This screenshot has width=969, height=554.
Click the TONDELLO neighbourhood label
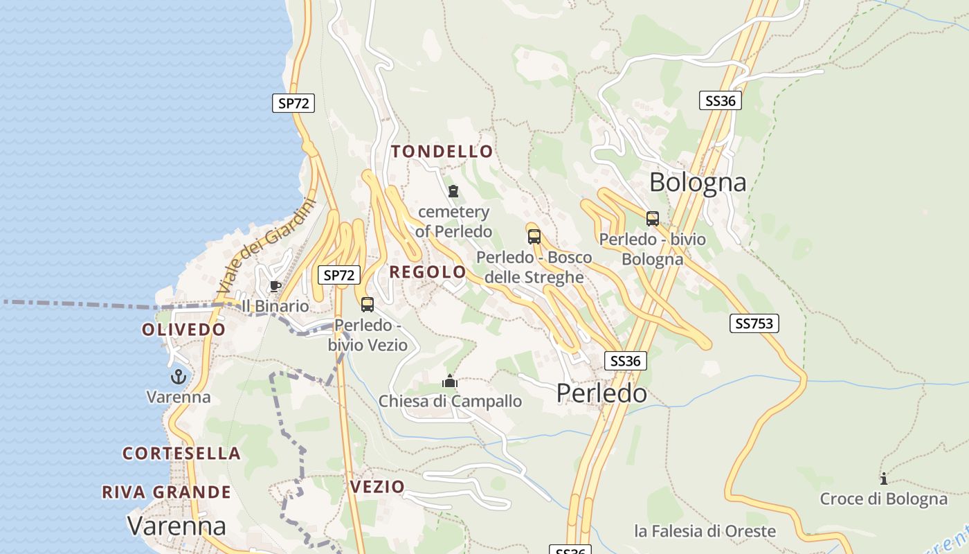[442, 152]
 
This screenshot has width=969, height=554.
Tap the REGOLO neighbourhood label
[428, 272]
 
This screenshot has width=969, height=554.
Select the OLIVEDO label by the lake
[184, 330]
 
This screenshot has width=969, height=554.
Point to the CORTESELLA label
[182, 454]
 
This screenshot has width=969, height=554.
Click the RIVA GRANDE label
[167, 492]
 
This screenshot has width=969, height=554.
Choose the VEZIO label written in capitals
[377, 487]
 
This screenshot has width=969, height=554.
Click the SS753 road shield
[754, 323]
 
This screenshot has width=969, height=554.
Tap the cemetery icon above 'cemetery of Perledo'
[453, 191]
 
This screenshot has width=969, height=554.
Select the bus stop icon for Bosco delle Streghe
[534, 237]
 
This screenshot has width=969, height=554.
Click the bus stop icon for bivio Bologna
[653, 219]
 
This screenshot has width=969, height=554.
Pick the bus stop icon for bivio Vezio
[368, 304]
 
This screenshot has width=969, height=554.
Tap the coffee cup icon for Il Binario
[275, 286]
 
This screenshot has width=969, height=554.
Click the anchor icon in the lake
[179, 377]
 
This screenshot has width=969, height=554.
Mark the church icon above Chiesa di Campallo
[450, 381]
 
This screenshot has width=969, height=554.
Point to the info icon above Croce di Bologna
[883, 479]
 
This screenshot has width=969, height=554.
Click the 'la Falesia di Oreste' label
[705, 531]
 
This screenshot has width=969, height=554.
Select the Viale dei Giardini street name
[266, 246]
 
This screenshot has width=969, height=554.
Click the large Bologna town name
[698, 182]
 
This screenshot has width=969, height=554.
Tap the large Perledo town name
[601, 393]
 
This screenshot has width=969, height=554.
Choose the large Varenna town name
[176, 526]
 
